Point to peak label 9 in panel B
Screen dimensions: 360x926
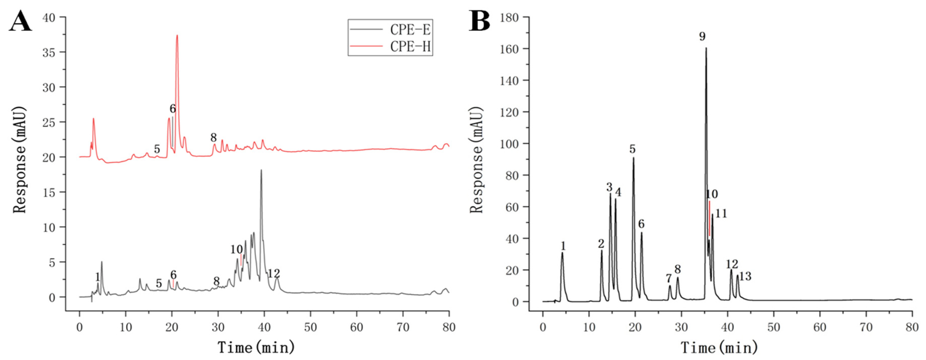click(x=702, y=36)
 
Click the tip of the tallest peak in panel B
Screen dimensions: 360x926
click(x=706, y=48)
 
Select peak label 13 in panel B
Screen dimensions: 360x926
click(x=745, y=276)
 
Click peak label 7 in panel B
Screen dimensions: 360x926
click(x=668, y=278)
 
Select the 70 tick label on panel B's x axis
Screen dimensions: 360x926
click(x=866, y=327)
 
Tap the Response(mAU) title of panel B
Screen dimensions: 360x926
click(x=477, y=160)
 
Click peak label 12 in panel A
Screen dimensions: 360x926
click(x=274, y=274)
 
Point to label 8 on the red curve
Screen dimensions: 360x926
click(x=213, y=137)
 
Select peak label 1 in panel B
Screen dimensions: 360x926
click(x=563, y=246)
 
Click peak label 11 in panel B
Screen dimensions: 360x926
click(x=721, y=214)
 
